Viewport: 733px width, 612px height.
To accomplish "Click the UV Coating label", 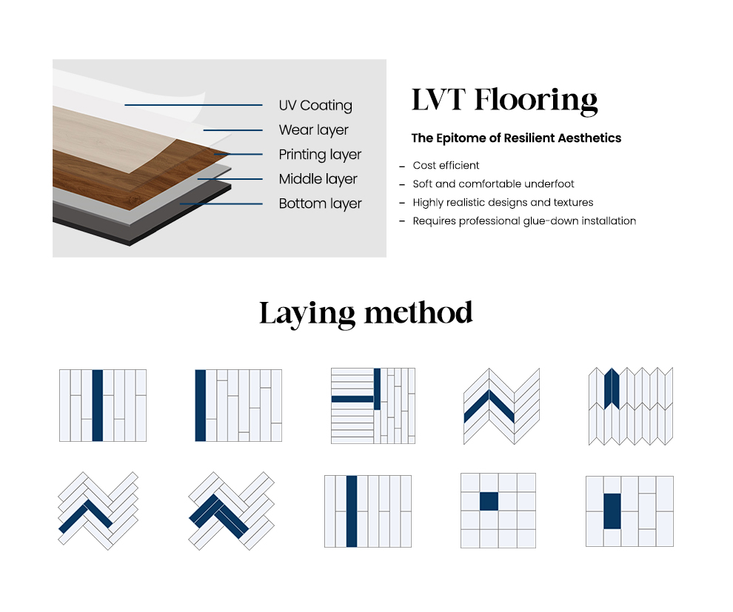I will click(315, 106).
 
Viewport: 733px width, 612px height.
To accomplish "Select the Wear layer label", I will click(313, 130).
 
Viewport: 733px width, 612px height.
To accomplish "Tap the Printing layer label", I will click(320, 155).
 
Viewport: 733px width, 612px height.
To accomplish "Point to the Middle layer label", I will click(318, 179).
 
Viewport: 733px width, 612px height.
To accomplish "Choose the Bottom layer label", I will click(320, 204).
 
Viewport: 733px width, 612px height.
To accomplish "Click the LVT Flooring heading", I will click(504, 100).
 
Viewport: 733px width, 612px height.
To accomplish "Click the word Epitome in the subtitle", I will click(458, 138).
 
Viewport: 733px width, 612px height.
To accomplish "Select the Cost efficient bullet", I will click(446, 166).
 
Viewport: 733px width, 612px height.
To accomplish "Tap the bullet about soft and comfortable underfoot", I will click(493, 184).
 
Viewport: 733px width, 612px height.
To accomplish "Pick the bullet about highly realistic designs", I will click(503, 202).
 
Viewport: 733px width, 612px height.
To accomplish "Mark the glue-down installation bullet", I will click(524, 221).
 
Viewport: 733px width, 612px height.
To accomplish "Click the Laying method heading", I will click(366, 313).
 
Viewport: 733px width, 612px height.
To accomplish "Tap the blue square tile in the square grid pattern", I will click(489, 501).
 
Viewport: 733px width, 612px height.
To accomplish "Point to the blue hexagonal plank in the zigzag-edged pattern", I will click(611, 389).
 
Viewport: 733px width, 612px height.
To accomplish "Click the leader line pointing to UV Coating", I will click(193, 105).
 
